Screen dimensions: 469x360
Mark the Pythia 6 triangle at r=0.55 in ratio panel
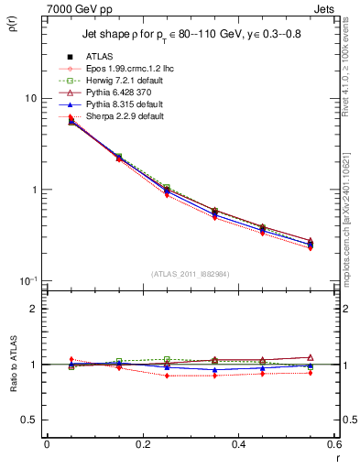pos(311,357)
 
